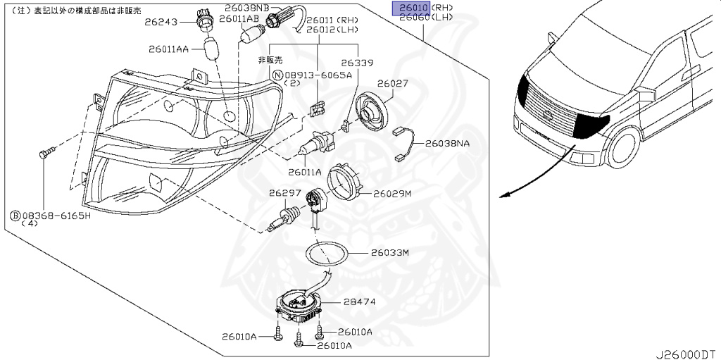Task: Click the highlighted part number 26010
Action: [410, 7]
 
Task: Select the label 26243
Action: [162, 21]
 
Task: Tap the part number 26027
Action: [392, 83]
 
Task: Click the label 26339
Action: [358, 63]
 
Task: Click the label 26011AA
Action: [168, 49]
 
